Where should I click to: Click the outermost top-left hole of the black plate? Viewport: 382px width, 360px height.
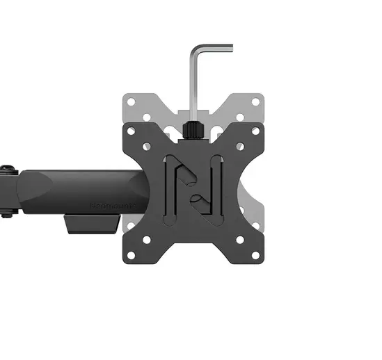[130, 130]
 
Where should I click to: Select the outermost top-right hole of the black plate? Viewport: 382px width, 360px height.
[255, 130]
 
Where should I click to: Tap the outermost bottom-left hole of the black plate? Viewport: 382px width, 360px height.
[130, 255]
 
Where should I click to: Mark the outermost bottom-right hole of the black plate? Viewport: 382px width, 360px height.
[255, 255]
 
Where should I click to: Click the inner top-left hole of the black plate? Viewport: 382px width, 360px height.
[147, 147]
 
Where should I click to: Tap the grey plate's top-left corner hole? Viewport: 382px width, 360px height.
[130, 101]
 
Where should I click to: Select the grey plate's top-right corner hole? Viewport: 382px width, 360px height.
[255, 101]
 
